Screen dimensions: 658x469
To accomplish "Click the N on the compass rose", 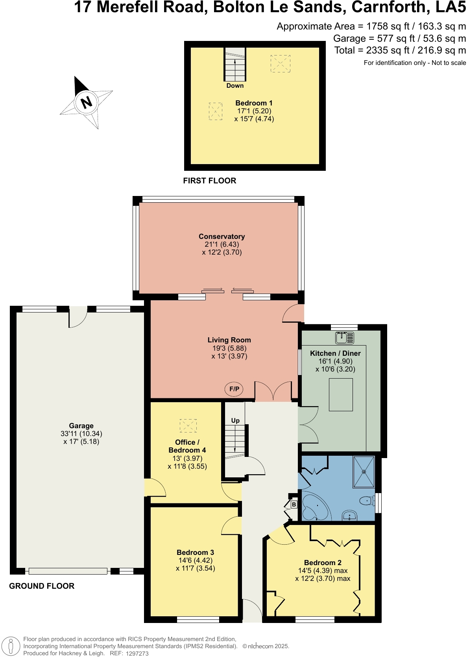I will [86, 102].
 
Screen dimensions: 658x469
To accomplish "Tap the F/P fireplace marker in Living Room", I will [234, 389].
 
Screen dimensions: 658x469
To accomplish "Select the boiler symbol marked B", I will [294, 505].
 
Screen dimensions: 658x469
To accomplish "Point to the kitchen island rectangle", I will [341, 395].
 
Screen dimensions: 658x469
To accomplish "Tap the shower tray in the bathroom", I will [364, 471].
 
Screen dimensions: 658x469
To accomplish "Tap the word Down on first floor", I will [235, 85].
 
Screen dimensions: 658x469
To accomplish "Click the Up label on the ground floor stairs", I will [235, 420].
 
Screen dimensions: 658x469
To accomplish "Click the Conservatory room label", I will [222, 236].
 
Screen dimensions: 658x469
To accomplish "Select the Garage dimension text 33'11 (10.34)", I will [81, 433].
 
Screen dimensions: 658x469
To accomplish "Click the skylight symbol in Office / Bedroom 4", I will [188, 426].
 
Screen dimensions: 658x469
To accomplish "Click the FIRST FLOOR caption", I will [209, 181].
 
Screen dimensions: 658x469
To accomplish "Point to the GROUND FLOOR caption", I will [42, 586].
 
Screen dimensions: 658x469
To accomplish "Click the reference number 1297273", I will [137, 653].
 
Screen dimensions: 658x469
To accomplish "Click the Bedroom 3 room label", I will [195, 552].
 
